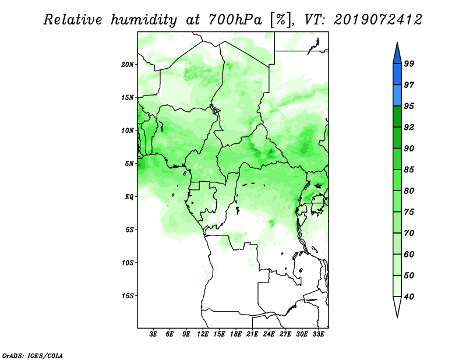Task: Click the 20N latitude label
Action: point(128,65)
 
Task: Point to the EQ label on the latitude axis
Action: point(129,197)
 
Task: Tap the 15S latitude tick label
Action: point(128,296)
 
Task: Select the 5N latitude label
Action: point(129,164)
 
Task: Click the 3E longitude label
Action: point(153,334)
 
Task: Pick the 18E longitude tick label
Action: point(236,334)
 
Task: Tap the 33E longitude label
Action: point(318,334)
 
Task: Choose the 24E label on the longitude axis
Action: point(269,334)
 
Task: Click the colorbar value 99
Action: point(409,63)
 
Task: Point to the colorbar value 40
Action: point(409,297)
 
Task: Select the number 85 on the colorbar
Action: point(409,170)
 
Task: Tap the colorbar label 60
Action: point(409,254)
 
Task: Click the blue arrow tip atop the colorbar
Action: point(397,43)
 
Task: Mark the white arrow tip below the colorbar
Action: point(397,317)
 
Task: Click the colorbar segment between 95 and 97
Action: point(397,96)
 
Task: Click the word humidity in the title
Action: point(144,20)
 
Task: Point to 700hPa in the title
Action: point(235,20)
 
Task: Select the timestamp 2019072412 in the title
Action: point(377,20)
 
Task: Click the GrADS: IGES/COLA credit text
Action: point(33,355)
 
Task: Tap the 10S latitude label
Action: point(128,263)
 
